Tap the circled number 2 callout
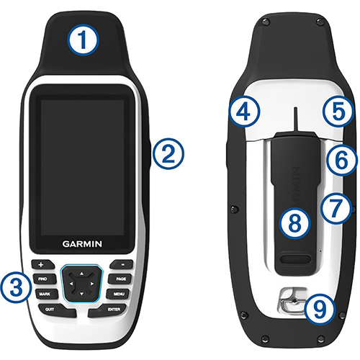tap(168, 152)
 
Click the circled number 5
tap(339, 111)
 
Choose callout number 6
tap(339, 159)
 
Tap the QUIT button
tap(50, 308)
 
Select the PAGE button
tap(121, 279)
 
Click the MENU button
tap(120, 294)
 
